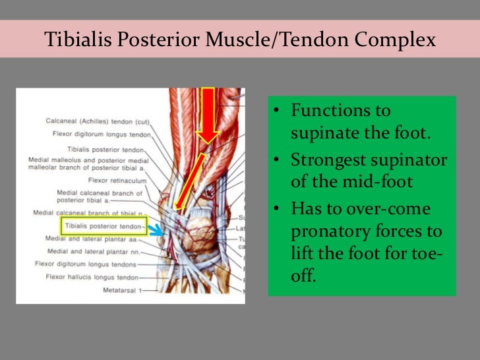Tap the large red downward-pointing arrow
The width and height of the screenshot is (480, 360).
click(208, 115)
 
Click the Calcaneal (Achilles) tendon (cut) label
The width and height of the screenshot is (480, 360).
click(98, 121)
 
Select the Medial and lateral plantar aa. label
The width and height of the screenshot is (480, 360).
click(92, 239)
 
